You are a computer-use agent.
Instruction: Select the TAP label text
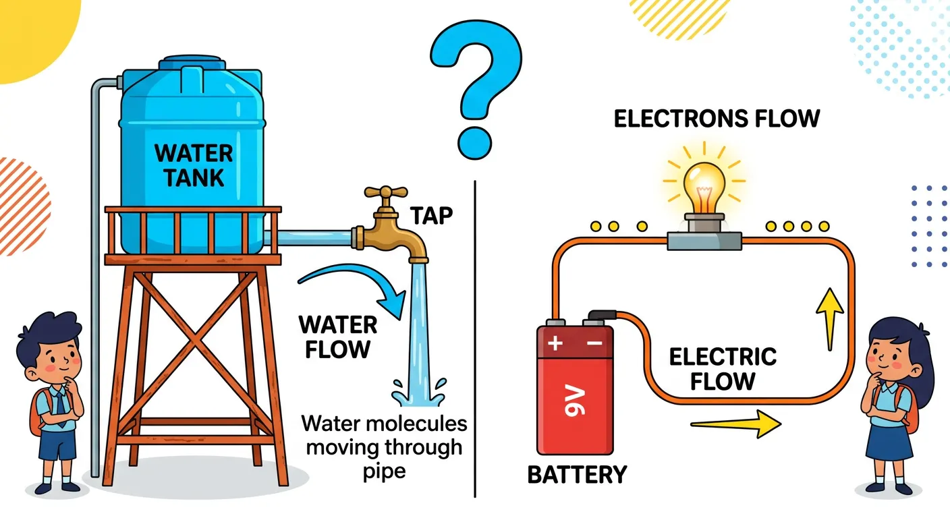coord(430,217)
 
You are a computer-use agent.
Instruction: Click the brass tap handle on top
coord(385,193)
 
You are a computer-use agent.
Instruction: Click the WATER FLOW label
coord(338,337)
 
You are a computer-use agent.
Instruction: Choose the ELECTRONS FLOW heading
coord(717,119)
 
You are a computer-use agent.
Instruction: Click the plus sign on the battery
coord(555,343)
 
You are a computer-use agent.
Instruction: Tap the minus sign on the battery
coord(595,343)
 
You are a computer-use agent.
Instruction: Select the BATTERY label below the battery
coord(577,474)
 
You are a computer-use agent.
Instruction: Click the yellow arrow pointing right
coord(735,424)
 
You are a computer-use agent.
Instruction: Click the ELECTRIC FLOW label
coord(722,368)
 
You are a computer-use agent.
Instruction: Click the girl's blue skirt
coord(889,440)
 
